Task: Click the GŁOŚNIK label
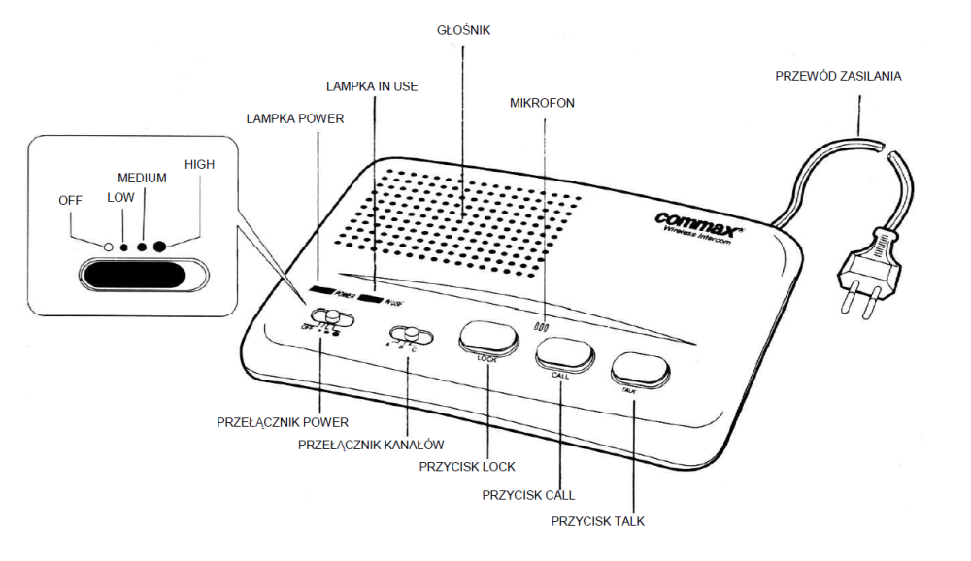[464, 31]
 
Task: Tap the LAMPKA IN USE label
[373, 86]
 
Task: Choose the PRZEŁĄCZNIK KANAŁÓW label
[371, 445]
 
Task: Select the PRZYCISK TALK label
[597, 521]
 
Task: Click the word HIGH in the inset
[199, 165]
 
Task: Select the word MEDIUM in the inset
[142, 179]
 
